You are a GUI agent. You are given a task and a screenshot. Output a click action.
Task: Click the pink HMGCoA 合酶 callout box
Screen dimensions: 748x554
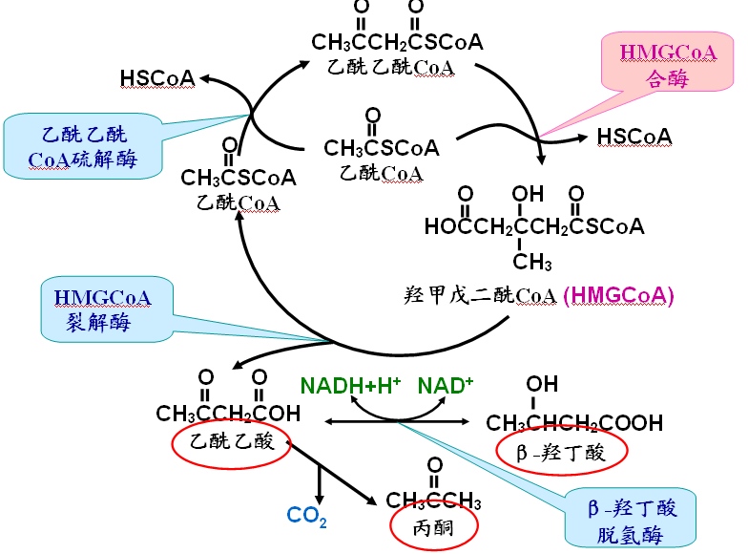point(667,61)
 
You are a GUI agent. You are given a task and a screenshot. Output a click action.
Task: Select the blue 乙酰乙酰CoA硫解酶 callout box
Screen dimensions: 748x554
point(83,146)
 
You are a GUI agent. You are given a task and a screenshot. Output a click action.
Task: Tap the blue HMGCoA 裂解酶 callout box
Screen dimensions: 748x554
point(107,309)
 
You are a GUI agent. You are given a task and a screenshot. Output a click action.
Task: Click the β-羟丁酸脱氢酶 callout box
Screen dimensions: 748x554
point(630,518)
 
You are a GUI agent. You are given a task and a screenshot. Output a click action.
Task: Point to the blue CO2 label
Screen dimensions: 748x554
point(307,516)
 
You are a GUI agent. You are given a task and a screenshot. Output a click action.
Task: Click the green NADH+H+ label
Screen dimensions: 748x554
point(350,386)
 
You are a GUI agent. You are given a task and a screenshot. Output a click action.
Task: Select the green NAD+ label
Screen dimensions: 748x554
point(445,386)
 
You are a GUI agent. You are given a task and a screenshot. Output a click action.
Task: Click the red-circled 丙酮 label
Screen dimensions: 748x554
point(433,527)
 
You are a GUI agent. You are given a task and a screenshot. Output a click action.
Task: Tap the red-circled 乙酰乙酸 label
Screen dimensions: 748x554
point(231,442)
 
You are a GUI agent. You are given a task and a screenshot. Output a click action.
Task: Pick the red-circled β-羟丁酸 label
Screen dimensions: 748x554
point(561,451)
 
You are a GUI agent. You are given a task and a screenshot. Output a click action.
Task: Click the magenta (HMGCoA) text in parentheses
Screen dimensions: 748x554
point(618,296)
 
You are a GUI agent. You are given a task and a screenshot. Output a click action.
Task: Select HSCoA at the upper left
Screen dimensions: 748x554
point(157,78)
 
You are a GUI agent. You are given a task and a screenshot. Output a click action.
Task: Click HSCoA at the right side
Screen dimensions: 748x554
point(634,137)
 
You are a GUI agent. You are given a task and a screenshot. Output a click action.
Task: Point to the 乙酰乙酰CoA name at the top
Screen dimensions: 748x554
point(391,67)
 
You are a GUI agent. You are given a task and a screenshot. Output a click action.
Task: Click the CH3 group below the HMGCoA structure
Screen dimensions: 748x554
point(532,262)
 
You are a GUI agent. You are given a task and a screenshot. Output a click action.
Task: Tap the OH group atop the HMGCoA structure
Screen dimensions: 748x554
point(528,193)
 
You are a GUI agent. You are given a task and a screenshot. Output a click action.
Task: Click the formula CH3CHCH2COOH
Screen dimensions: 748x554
point(574,423)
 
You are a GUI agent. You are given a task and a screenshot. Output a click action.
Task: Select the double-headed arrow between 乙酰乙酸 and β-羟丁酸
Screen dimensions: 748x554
point(397,421)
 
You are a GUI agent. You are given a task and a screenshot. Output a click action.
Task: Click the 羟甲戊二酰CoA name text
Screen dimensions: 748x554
point(480,296)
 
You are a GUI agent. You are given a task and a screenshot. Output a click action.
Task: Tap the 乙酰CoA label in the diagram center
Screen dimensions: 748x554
point(382,174)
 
